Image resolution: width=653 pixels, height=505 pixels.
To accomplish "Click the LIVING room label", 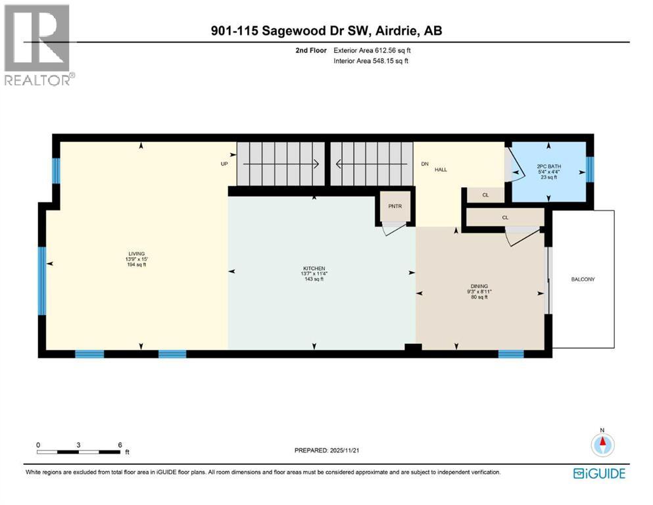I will point(137,254).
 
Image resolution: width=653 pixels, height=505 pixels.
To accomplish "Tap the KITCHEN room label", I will point(314,268).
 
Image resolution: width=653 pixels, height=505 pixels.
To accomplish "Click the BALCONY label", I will point(583,279).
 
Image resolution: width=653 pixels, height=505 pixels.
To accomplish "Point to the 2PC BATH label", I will point(547,166).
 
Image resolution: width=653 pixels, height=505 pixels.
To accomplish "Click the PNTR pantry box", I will point(395,206).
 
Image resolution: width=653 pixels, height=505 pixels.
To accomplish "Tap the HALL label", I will point(441,170).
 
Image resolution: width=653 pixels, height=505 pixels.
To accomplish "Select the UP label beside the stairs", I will point(224,164).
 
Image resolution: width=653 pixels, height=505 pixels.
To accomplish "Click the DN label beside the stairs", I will point(425,164).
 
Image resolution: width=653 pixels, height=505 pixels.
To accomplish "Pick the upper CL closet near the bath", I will point(485,195).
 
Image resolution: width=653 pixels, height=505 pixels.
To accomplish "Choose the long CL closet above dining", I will point(504,217).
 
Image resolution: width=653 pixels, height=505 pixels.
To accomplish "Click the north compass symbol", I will point(601,445).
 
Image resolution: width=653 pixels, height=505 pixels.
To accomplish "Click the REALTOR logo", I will point(37,44).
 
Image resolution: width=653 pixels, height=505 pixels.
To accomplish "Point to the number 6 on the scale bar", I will point(119,445).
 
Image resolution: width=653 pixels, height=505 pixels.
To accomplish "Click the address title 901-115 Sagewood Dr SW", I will point(326,31).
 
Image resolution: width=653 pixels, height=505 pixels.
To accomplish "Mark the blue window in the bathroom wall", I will point(590,170).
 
